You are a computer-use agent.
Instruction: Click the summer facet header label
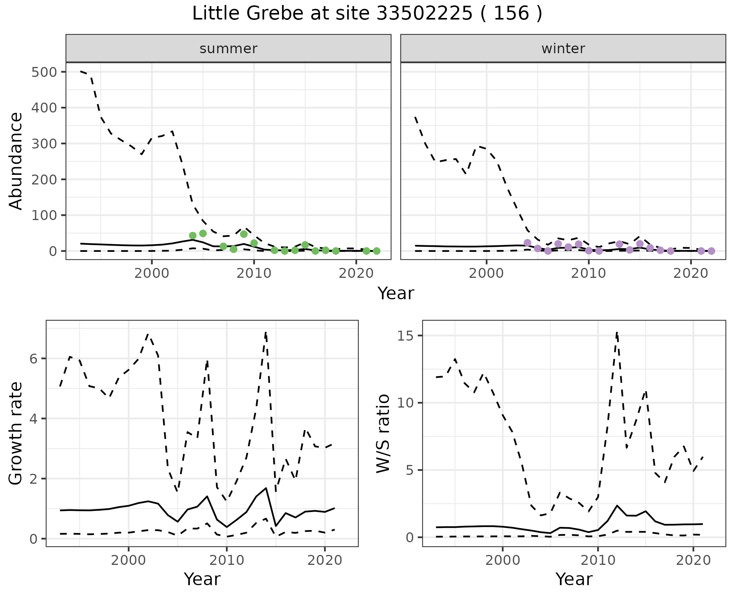click(229, 49)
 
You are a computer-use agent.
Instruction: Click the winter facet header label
click(563, 49)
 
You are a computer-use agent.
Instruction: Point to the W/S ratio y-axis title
click(383, 433)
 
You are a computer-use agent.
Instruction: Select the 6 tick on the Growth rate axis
click(33, 359)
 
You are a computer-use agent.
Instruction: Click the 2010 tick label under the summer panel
click(254, 274)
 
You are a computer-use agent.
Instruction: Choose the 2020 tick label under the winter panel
click(691, 274)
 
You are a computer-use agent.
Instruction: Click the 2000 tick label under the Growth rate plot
click(129, 561)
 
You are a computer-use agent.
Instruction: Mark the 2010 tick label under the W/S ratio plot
click(598, 561)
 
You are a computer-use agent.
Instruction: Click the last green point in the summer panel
click(377, 251)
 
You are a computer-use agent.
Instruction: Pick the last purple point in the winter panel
click(711, 251)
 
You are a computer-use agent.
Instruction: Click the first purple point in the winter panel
click(528, 243)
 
